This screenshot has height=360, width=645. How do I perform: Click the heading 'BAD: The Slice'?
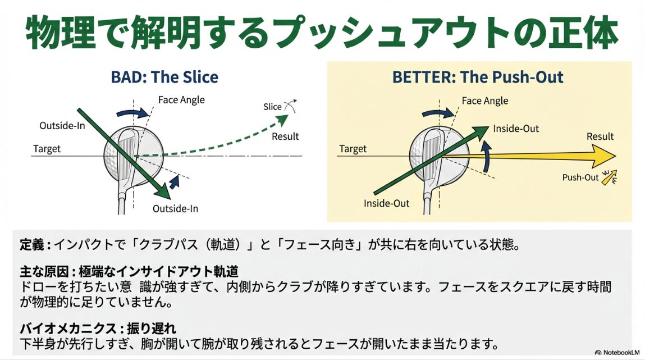point(164,76)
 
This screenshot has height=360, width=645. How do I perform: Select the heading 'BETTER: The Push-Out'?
point(478,76)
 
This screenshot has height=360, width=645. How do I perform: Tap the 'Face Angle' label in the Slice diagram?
point(181,100)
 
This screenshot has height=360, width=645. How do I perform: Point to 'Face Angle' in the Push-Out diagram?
point(485,101)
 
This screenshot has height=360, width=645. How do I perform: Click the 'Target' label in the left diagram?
point(47,149)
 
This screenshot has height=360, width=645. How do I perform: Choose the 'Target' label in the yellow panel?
point(353,149)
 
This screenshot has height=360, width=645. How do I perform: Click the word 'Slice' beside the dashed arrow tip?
point(272,107)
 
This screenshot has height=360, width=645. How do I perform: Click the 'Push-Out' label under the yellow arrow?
point(580,177)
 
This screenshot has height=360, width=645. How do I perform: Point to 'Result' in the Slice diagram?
point(285,136)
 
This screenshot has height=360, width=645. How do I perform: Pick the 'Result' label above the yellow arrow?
point(600,136)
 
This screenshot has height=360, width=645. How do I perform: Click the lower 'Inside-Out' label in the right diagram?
point(386,203)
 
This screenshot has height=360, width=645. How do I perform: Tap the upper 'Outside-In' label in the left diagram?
point(62,125)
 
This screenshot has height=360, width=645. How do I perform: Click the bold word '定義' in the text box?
point(30,245)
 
